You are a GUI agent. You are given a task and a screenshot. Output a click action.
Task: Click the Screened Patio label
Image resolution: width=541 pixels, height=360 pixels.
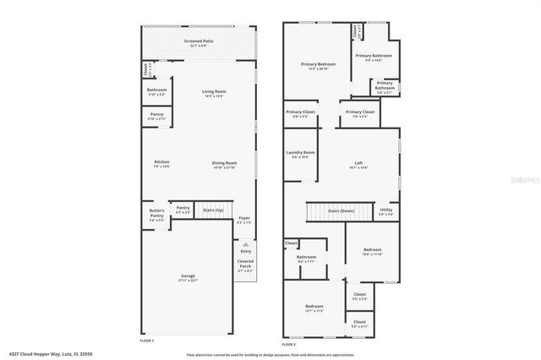point(199,40)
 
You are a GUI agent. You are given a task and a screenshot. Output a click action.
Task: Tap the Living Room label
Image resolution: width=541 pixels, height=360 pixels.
point(214,91)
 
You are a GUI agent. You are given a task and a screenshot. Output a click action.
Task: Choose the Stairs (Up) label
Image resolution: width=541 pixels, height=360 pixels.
point(213,210)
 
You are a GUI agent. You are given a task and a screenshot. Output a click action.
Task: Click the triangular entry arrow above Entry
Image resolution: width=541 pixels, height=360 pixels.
point(246,243)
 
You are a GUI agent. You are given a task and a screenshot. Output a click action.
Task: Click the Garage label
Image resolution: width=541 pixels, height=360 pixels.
point(188,276)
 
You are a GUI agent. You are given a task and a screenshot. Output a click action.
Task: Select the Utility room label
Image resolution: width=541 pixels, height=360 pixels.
point(385,210)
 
